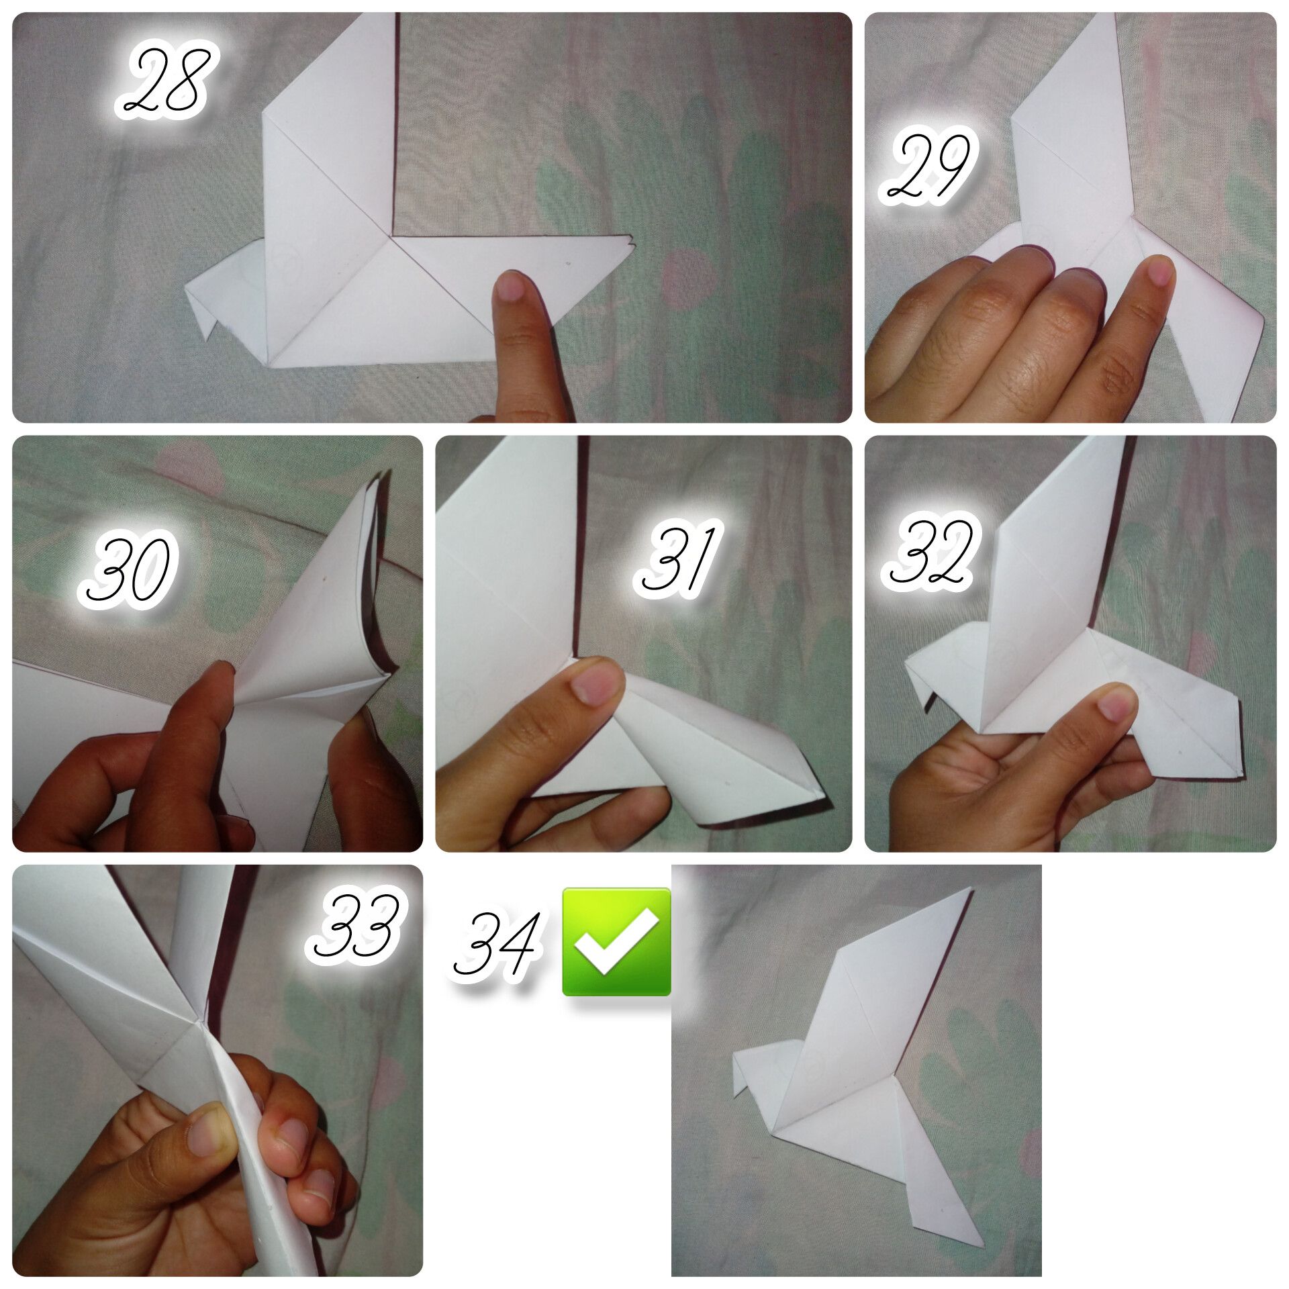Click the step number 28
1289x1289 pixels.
click(x=166, y=81)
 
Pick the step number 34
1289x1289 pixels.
click(x=497, y=944)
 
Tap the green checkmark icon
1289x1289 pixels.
click(x=616, y=941)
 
